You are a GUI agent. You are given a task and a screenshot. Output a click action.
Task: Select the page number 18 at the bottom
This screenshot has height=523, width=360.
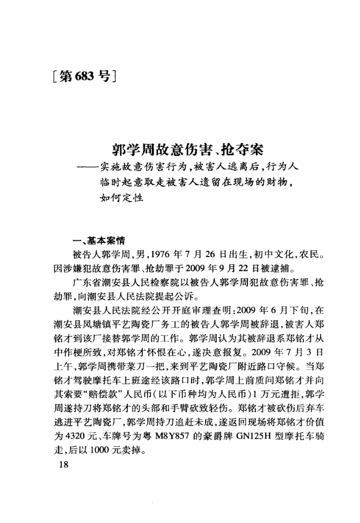(x=64, y=467)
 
